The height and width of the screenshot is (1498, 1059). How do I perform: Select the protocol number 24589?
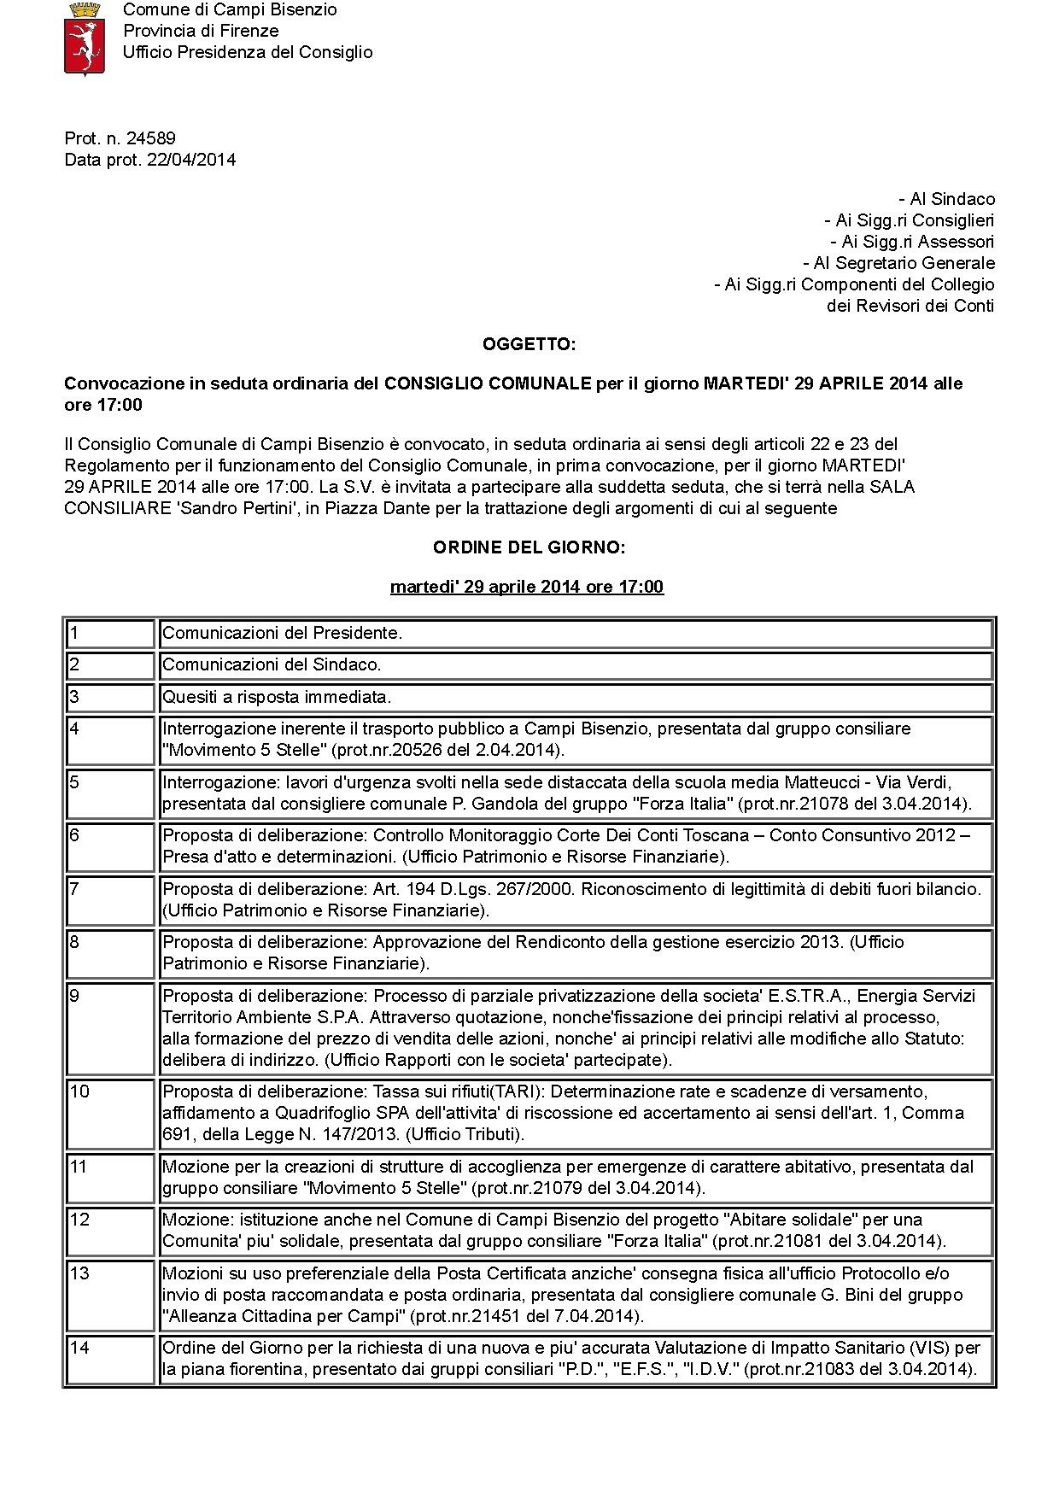coord(151,138)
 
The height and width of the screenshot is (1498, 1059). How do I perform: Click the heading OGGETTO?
coord(529,344)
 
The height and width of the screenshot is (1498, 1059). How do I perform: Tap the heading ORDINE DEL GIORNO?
coord(529,547)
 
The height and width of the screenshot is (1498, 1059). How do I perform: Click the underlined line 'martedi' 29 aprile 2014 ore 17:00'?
coord(526,587)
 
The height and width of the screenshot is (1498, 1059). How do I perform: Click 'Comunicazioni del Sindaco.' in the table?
coord(272,664)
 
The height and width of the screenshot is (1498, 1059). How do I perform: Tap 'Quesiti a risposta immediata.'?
coord(277,697)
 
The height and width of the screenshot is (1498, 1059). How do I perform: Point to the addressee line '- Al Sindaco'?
coord(946,199)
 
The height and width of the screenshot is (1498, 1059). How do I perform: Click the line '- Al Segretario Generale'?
coord(898,263)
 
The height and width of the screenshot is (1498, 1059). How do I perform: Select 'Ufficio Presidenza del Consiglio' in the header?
coord(248,52)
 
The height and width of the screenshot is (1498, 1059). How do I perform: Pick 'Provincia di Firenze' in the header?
coord(201,31)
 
